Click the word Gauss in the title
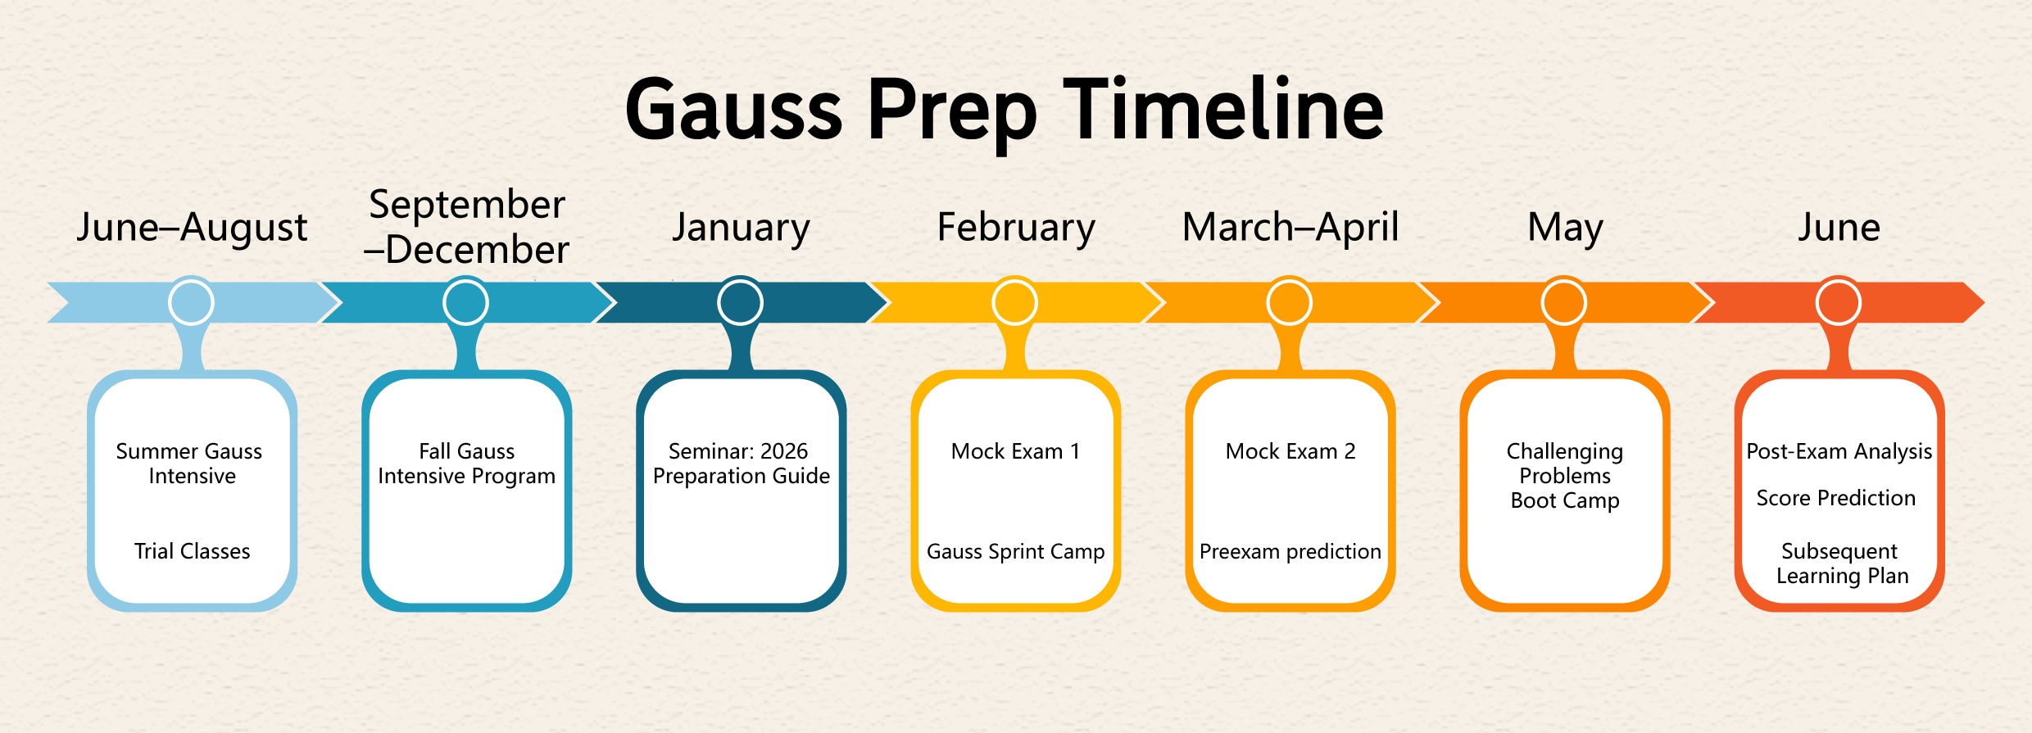coord(733,109)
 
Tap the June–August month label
coord(192,228)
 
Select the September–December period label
coord(467,227)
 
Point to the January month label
coord(741,228)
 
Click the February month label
coord(1016,228)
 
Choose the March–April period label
coord(1290,228)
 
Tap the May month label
coord(1565,228)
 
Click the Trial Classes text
coord(193,551)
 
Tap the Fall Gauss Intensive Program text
coord(467,464)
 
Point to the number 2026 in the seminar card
coord(784,451)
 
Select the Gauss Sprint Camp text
coord(1016,552)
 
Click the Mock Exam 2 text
coord(1290,451)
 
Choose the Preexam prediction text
coord(1290,552)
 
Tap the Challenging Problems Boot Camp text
coord(1565,476)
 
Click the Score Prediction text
coord(1836,498)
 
